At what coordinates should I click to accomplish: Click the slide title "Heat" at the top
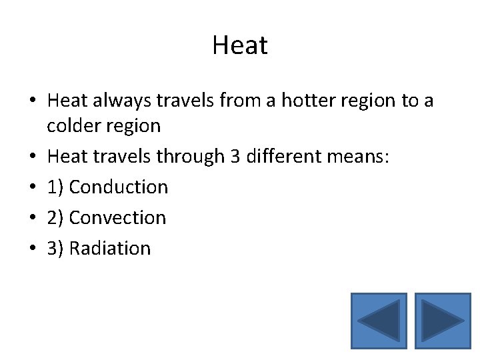(240, 45)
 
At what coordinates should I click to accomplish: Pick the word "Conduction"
(119, 187)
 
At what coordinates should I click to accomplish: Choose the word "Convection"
(118, 217)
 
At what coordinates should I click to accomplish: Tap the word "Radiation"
(110, 248)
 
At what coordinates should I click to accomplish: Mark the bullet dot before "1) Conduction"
(33, 187)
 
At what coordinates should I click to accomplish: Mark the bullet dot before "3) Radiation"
(33, 249)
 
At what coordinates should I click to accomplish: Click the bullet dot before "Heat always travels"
(33, 101)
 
